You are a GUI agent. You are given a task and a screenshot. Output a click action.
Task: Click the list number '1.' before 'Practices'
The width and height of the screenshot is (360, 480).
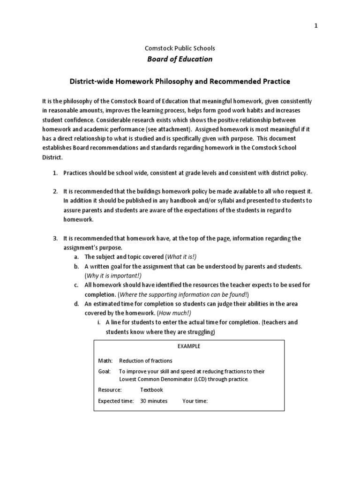click(x=54, y=173)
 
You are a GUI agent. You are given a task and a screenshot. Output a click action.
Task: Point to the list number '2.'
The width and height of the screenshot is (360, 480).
click(x=54, y=191)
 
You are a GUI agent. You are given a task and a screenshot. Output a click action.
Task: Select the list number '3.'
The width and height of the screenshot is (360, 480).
click(x=54, y=238)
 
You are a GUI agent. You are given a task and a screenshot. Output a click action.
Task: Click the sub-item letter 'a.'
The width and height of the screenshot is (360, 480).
click(x=76, y=257)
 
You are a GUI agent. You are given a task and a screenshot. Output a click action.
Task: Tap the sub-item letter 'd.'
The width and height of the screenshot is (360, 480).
click(x=76, y=304)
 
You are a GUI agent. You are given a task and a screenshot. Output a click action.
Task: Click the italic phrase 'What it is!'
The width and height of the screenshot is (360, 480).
click(x=181, y=257)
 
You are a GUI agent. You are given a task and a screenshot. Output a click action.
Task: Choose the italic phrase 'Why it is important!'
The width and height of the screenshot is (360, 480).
click(x=113, y=276)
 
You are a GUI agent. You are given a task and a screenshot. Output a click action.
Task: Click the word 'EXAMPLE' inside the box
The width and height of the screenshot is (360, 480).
click(x=188, y=346)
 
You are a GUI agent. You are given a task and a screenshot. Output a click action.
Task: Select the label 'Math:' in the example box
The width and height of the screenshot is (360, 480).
click(x=105, y=361)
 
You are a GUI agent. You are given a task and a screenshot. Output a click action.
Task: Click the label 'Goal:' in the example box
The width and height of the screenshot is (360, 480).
click(x=105, y=371)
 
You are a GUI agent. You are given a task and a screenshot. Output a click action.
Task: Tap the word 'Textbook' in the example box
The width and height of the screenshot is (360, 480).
click(x=151, y=390)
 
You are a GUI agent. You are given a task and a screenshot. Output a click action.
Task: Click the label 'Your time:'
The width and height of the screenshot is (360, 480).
click(x=195, y=401)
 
